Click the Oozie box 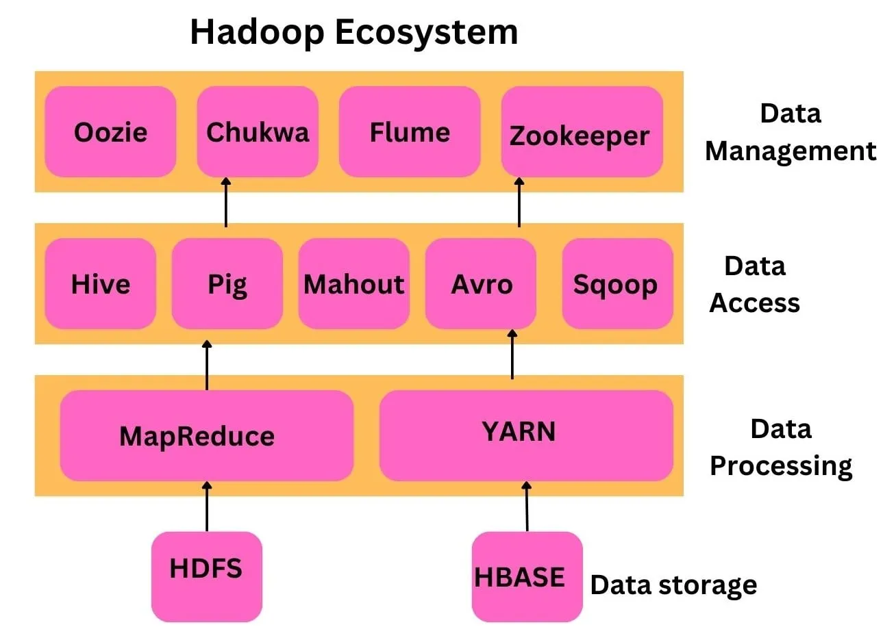(x=110, y=131)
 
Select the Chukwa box (x=258, y=131)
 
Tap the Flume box (x=410, y=131)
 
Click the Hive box (x=101, y=283)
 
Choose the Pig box (x=227, y=283)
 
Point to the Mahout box (x=353, y=283)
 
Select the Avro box (x=481, y=283)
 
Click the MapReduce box (x=206, y=435)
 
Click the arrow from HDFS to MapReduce (x=207, y=507)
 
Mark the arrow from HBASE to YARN (x=526, y=507)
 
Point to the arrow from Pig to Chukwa (x=226, y=203)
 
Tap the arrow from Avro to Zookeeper (x=519, y=203)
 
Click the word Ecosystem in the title (x=426, y=32)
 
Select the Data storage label (x=673, y=585)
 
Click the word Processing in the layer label (x=781, y=465)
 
